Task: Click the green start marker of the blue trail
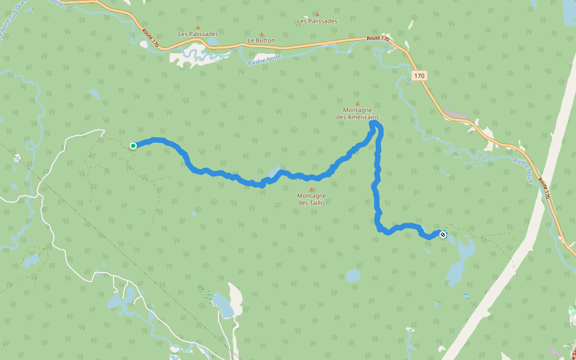tap(133, 145)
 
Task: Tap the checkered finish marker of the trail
tap(443, 235)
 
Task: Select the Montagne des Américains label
tap(357, 113)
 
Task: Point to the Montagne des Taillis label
tap(311, 199)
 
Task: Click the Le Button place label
tap(261, 41)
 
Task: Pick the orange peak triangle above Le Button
tap(261, 34)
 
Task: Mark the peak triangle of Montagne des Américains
tap(358, 103)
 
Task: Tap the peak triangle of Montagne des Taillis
tap(311, 189)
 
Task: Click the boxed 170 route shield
tap(419, 76)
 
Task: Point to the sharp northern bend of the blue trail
tap(376, 124)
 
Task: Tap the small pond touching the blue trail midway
tap(274, 172)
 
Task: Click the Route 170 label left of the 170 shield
tap(378, 39)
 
